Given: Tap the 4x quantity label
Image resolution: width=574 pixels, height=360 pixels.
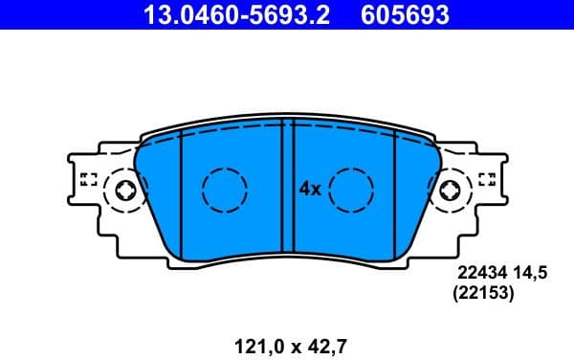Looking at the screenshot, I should [x=309, y=190].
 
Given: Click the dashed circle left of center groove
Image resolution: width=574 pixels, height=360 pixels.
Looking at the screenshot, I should [x=225, y=190].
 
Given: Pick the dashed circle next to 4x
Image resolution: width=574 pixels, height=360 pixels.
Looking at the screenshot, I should [x=351, y=190].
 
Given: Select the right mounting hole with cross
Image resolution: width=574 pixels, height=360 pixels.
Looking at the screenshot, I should [x=450, y=191].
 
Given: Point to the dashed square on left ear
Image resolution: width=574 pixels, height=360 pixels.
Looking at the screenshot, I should [x=89, y=179].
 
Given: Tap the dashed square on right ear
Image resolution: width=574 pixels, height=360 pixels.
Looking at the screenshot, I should [x=487, y=179].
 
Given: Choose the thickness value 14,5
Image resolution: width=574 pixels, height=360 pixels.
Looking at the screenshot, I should [x=530, y=274].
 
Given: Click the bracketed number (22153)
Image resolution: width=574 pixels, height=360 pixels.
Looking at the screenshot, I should [x=483, y=296].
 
